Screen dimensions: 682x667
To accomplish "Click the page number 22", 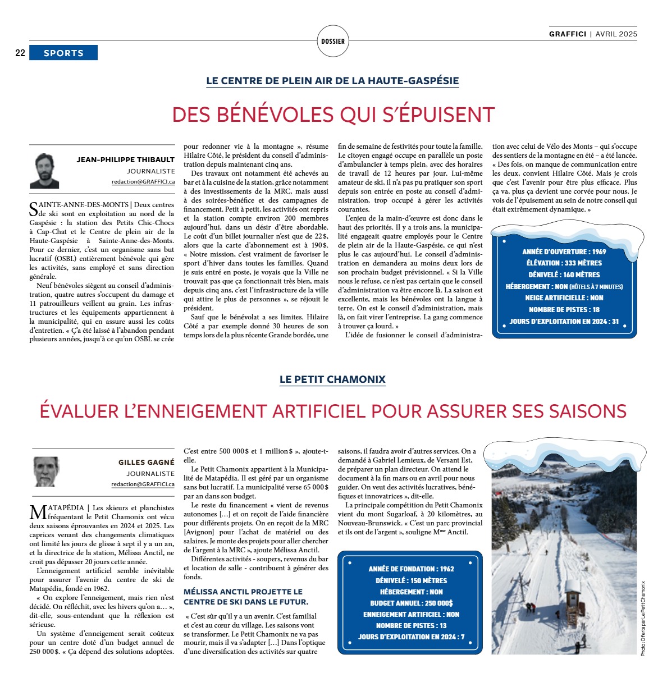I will pos(20,53).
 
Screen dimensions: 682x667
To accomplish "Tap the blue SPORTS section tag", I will pos(63,53).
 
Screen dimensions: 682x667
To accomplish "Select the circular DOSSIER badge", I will pos(333,41).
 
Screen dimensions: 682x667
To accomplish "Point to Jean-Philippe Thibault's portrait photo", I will pos(44,171).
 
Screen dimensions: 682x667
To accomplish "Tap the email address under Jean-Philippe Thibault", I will pos(143,182).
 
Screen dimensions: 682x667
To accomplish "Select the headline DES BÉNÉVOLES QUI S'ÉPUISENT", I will pos(333,115).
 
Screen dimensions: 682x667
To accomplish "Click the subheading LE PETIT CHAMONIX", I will pos(332,379).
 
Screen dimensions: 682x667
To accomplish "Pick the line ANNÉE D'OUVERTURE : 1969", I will pos(564,251).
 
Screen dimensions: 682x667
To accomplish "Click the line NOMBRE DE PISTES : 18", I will pos(564,309).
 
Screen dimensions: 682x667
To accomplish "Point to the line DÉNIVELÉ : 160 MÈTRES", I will pos(564,274).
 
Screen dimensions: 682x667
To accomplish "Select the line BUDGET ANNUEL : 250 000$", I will pos(411,603).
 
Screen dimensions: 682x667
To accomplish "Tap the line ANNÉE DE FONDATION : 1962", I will pos(411,569).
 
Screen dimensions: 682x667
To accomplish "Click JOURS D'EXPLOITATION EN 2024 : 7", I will pos(411,637).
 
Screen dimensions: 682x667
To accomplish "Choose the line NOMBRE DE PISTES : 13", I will pos(411,625).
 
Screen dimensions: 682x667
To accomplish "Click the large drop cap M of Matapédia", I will pos(38,512).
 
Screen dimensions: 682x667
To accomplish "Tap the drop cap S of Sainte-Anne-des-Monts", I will pos(34,209).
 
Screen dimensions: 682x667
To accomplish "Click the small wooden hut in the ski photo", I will pos(573,592).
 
